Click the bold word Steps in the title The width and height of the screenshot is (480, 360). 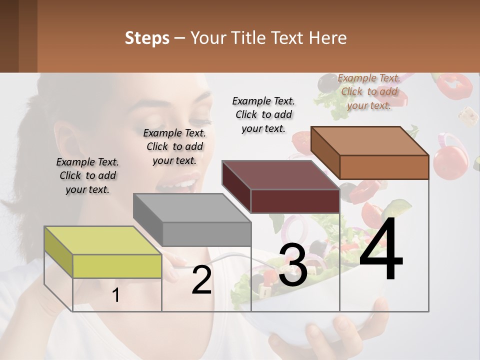click(x=147, y=38)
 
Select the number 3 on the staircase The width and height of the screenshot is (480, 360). click(x=293, y=265)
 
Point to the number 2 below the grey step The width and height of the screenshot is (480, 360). click(x=201, y=280)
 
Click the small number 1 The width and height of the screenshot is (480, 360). click(x=116, y=295)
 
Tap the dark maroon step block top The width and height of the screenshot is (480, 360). click(x=280, y=175)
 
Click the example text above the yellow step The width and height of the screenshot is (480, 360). click(x=87, y=175)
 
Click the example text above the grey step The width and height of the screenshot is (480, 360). click(x=174, y=146)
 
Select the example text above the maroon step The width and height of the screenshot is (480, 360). click(x=263, y=114)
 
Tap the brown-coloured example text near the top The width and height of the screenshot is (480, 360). click(x=369, y=91)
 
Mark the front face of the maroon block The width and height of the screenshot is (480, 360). click(x=295, y=201)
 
